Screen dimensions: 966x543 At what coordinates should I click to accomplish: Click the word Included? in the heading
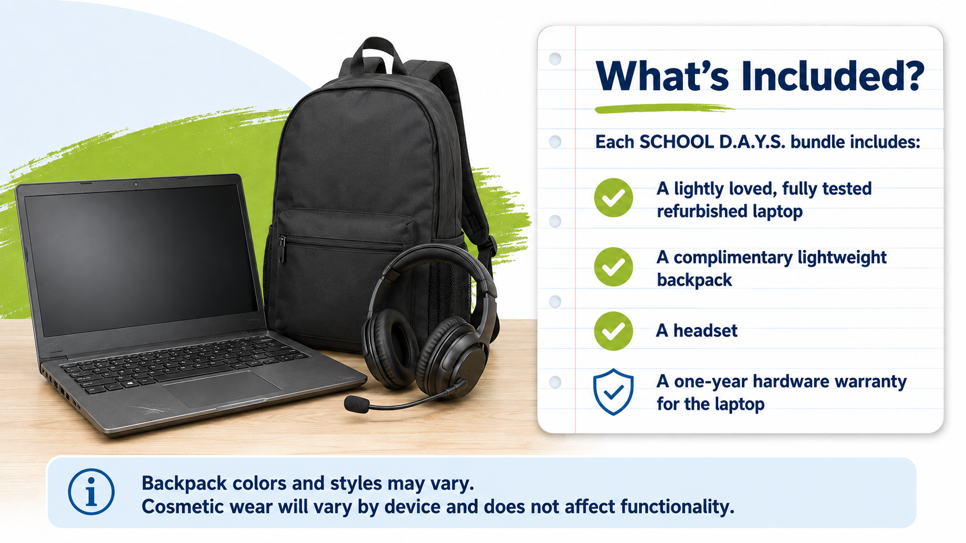(833, 76)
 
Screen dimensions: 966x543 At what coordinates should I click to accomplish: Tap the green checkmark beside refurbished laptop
(613, 198)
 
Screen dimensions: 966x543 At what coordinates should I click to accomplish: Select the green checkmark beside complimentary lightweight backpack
(613, 267)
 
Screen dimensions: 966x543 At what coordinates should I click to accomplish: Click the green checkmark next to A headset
(613, 331)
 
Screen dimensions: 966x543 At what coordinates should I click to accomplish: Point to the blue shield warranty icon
(613, 392)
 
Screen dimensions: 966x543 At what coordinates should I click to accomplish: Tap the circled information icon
(91, 492)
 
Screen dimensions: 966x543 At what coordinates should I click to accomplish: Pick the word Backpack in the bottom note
(184, 484)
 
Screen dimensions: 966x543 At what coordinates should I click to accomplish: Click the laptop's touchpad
(222, 389)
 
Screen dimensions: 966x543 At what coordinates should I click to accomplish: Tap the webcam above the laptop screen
(136, 184)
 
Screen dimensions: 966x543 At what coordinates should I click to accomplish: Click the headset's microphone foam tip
(356, 405)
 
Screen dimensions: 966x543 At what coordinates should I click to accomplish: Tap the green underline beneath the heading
(664, 108)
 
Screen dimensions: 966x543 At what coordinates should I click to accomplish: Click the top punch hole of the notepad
(555, 58)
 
